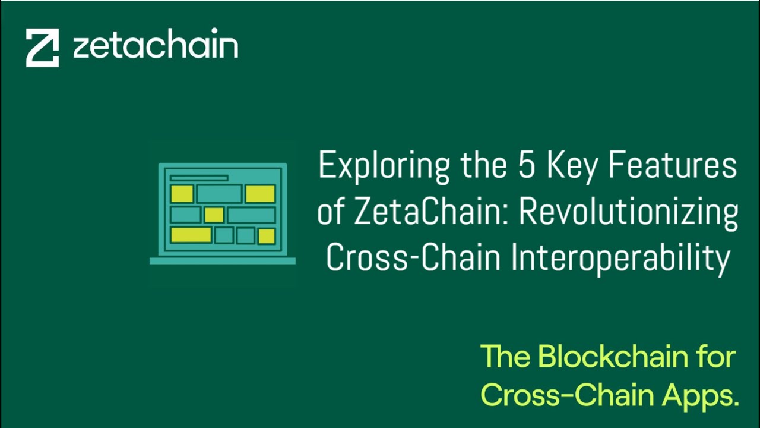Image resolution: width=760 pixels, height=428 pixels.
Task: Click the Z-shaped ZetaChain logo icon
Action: pos(42,48)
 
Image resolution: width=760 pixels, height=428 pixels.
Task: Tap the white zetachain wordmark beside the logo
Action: pos(156,45)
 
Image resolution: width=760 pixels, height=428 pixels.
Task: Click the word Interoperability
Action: pos(620,259)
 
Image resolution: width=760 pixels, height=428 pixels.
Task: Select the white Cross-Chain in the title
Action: pos(403,259)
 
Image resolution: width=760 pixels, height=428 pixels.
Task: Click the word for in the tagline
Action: pos(717,357)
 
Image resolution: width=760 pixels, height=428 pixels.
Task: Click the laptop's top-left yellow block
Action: pos(182,194)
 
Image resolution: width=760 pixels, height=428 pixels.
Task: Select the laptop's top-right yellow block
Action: pos(260,194)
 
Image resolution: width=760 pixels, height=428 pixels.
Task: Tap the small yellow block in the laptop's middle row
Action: pos(214,215)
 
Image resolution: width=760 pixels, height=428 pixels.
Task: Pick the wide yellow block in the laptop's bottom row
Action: pos(191,235)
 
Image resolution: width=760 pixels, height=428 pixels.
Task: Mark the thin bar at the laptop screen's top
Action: pos(198,178)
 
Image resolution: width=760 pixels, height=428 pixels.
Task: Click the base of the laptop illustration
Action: pos(223,260)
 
